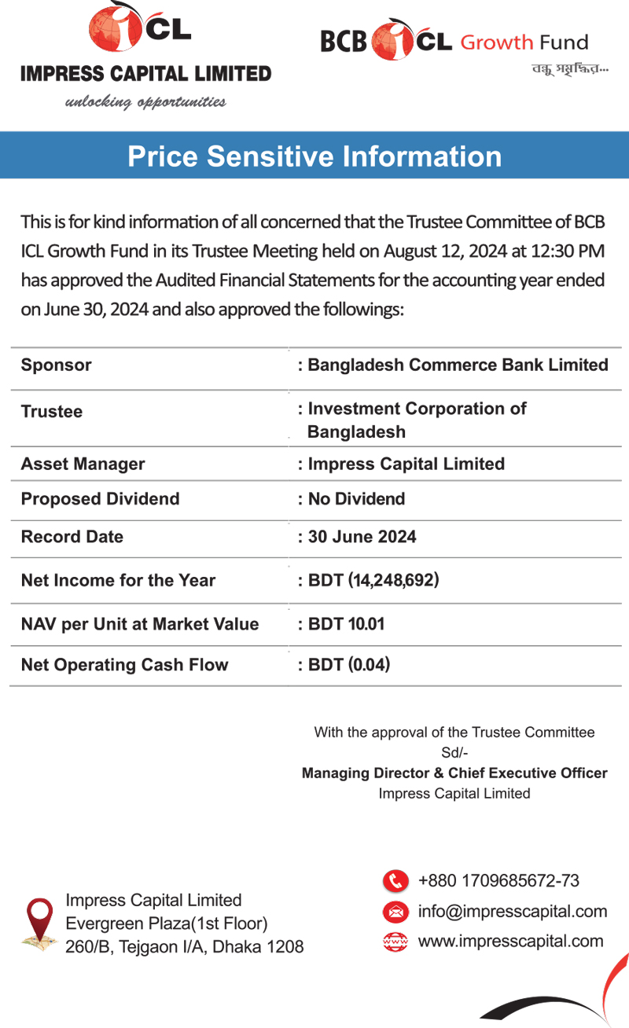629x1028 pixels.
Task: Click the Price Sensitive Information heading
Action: [314, 156]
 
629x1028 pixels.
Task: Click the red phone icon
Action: [395, 881]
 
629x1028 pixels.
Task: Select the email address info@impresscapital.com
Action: [513, 912]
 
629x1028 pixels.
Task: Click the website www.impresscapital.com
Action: [511, 942]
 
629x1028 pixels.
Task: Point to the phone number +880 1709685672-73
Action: [499, 881]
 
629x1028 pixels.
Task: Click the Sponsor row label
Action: [56, 365]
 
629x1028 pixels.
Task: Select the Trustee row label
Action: [52, 412]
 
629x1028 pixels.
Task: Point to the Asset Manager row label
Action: [83, 464]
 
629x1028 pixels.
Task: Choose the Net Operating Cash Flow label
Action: [124, 665]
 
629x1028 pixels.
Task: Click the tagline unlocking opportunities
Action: [146, 101]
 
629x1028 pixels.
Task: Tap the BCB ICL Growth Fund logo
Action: [454, 41]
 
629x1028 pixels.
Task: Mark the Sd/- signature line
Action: [454, 753]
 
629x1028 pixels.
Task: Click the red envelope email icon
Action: [395, 912]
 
